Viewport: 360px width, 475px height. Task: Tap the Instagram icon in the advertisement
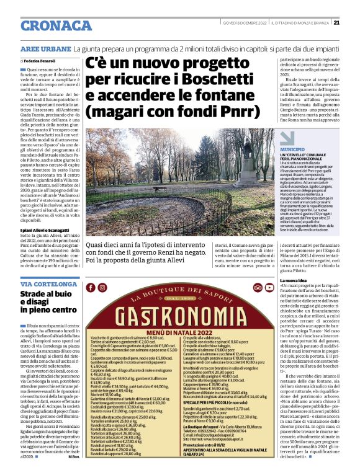[102, 287]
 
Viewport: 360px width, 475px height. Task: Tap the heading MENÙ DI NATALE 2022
[181, 334]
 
